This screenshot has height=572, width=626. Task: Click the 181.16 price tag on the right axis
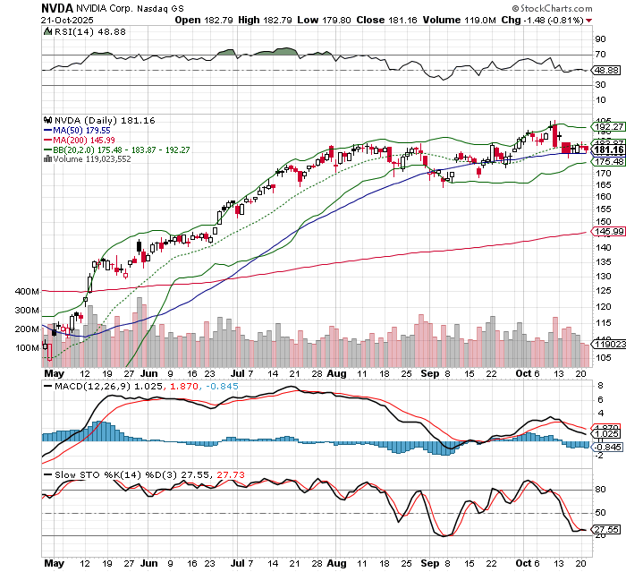(604, 149)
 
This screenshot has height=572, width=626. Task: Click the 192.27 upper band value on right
(604, 127)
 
